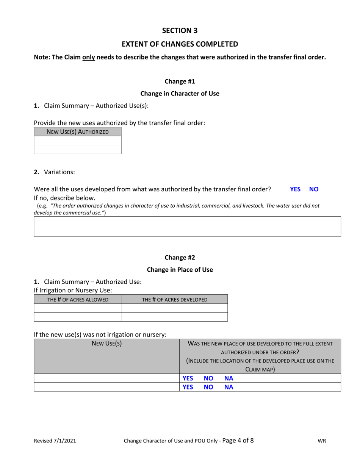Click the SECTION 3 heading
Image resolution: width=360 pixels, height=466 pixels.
pyautogui.click(x=180, y=30)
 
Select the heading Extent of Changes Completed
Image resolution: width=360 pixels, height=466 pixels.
pyautogui.click(x=180, y=44)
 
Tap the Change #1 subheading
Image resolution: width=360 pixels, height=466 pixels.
pyautogui.click(x=180, y=81)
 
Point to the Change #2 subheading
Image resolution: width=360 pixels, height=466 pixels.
pyautogui.click(x=180, y=258)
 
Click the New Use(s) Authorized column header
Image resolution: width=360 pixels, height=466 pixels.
pyautogui.click(x=78, y=132)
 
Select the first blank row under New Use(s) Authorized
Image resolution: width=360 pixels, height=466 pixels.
pyautogui.click(x=78, y=141)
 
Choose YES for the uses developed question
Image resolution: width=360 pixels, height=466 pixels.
pyautogui.click(x=295, y=189)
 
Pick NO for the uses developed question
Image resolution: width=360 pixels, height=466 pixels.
pyautogui.click(x=314, y=189)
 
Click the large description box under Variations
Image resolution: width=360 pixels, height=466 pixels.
pyautogui.click(x=187, y=227)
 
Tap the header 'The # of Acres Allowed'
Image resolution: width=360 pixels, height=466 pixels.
pyautogui.click(x=78, y=299)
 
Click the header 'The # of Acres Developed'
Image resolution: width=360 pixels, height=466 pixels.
pyautogui.click(x=175, y=299)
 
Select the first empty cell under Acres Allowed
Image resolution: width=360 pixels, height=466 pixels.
pyautogui.click(x=78, y=308)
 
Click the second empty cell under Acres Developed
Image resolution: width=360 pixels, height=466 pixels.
pyautogui.click(x=175, y=317)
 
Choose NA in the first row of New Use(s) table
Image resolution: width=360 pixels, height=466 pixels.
pyautogui.click(x=229, y=378)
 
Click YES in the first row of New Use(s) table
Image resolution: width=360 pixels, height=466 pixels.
pyautogui.click(x=188, y=378)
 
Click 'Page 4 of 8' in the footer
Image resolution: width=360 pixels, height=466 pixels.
pyautogui.click(x=238, y=441)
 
